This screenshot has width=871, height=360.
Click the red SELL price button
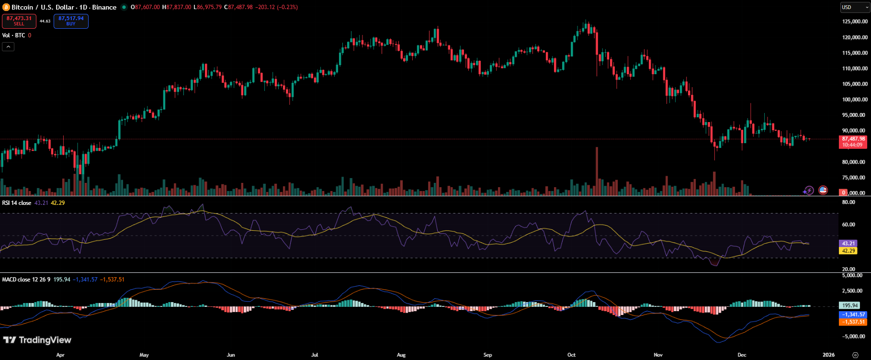(x=19, y=21)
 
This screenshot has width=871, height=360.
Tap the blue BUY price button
(x=71, y=21)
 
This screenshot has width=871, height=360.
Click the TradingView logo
(x=37, y=340)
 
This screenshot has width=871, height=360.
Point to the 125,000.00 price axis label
(x=854, y=22)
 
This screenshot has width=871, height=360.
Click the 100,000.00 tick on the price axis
(x=854, y=100)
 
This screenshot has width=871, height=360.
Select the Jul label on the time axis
(x=315, y=355)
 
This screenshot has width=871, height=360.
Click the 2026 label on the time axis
(x=828, y=355)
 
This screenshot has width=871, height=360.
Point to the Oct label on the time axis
(x=571, y=355)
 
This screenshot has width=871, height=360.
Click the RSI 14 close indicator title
(x=17, y=203)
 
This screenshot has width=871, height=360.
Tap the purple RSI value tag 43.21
(x=848, y=244)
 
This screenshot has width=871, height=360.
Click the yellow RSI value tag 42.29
(x=848, y=251)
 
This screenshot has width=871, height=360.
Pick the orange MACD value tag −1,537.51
(x=854, y=322)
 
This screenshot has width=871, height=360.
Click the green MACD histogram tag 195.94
(x=850, y=305)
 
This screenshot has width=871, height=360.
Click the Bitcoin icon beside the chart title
(x=6, y=7)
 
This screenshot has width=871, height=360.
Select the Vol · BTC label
(x=13, y=35)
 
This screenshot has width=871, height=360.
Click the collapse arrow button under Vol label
(x=8, y=46)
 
